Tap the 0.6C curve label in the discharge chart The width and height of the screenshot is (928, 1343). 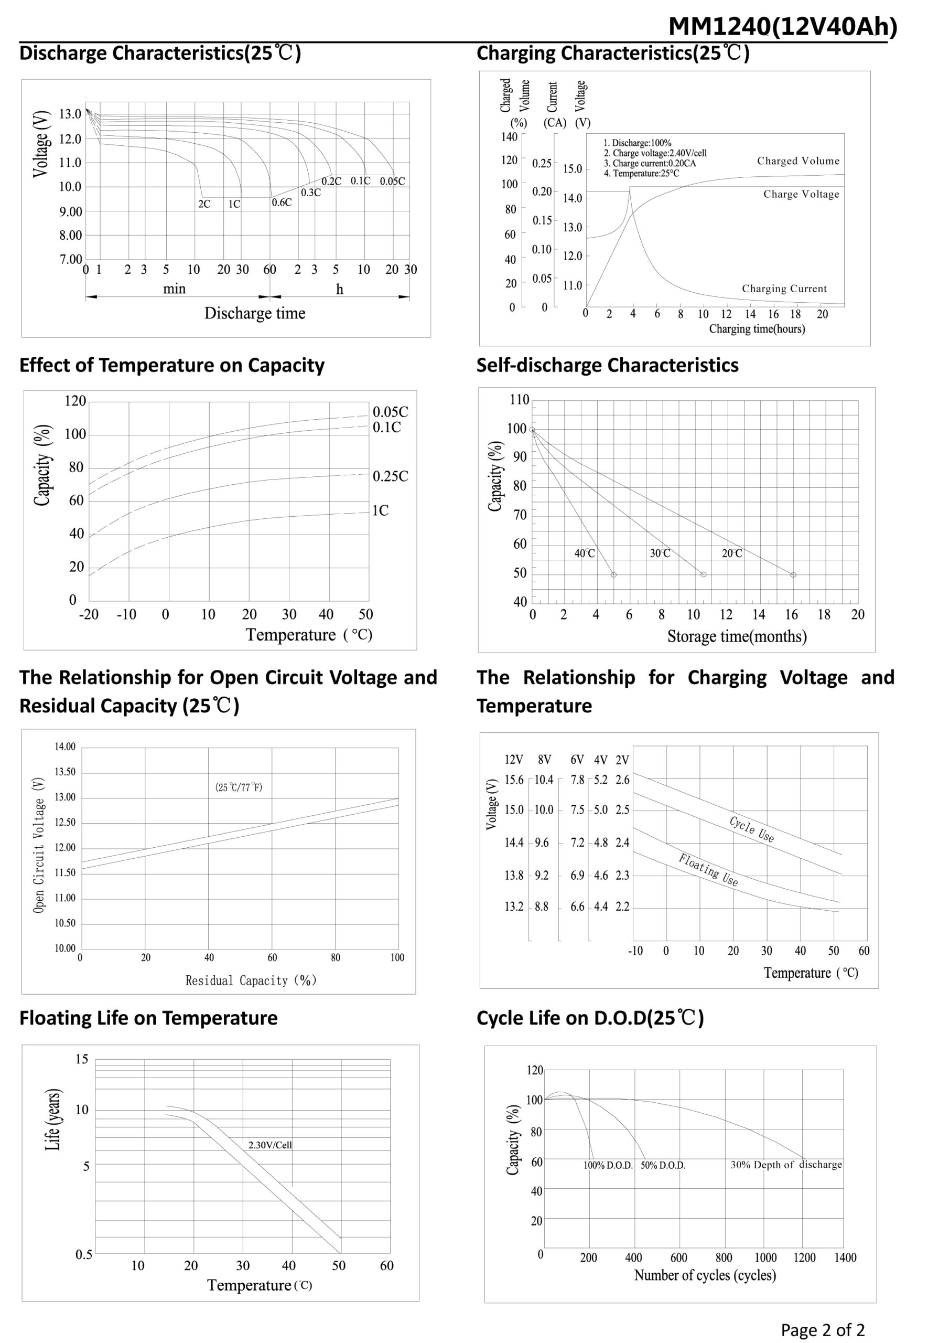tap(282, 202)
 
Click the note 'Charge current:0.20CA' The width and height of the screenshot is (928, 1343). tap(650, 164)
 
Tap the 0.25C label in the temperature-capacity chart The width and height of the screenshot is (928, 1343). tap(390, 476)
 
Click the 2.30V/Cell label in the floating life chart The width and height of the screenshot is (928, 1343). tap(270, 1145)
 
